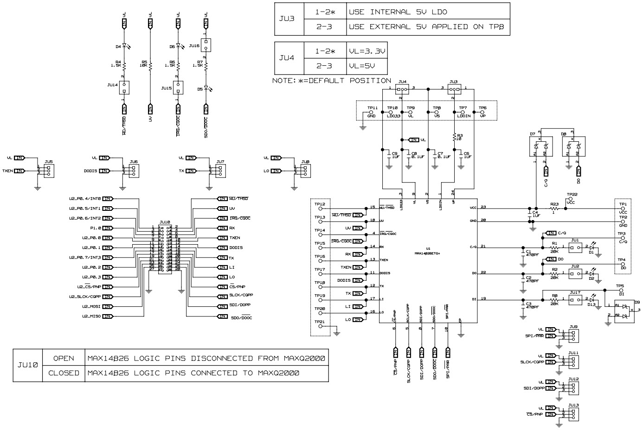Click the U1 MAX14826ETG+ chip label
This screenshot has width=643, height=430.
tap(428, 251)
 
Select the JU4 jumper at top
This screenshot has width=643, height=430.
tap(402, 90)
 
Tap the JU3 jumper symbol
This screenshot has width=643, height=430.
tap(454, 90)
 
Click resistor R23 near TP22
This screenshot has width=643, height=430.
tap(553, 209)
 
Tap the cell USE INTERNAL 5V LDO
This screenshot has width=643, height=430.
tap(398, 12)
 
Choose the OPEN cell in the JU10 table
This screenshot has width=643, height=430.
tap(64, 358)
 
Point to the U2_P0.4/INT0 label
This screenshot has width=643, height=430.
tap(85, 198)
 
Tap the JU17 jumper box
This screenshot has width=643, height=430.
tap(575, 301)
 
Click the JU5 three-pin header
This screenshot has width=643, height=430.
tap(49, 171)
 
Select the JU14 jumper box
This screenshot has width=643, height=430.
tap(124, 87)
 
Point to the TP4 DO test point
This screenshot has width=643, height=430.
tap(623, 264)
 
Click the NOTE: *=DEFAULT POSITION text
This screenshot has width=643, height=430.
tap(332, 81)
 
